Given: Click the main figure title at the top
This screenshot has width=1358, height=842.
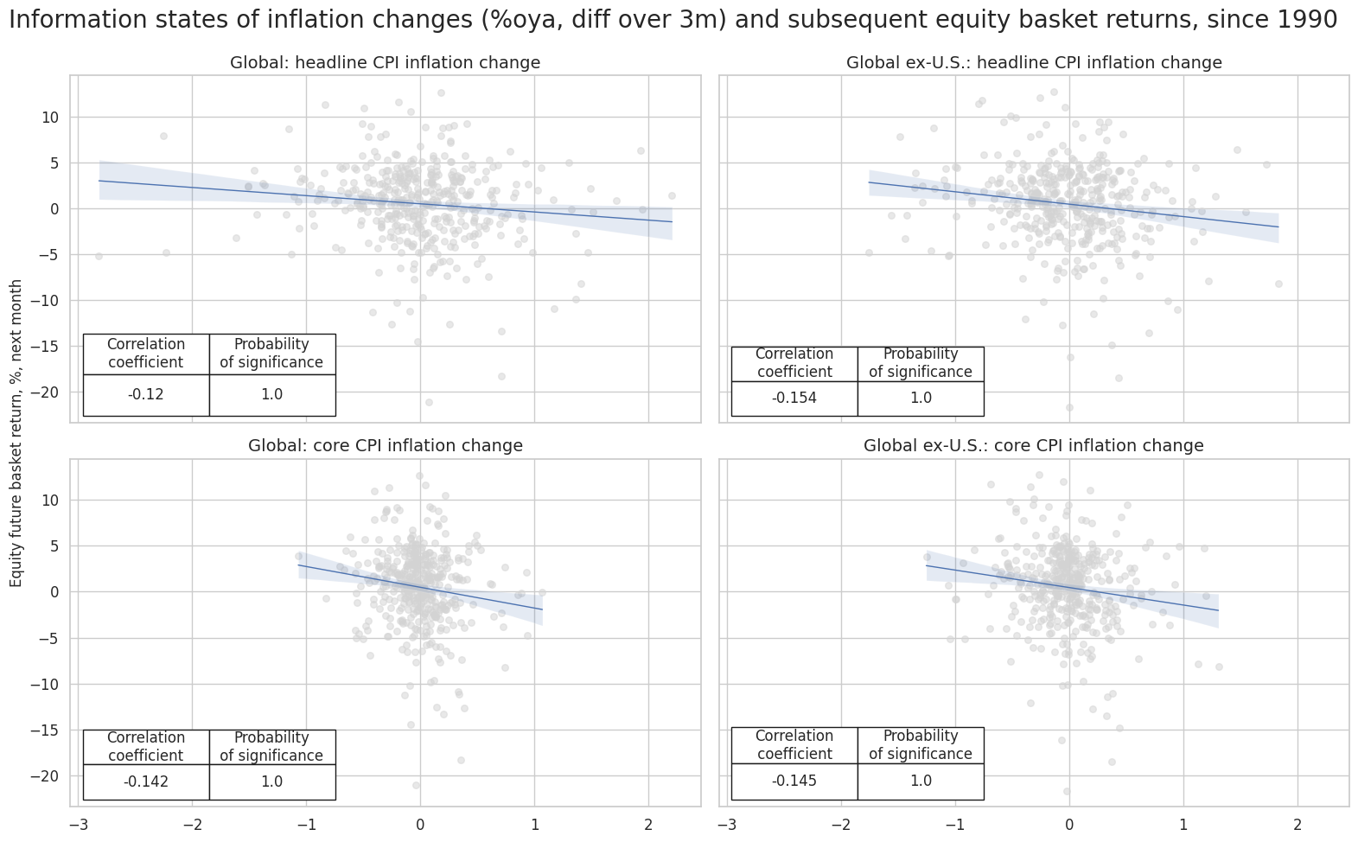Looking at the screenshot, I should click(673, 20).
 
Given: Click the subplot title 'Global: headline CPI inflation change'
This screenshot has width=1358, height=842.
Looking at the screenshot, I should click(385, 62).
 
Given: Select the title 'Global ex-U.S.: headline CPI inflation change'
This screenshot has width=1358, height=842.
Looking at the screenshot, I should click(1033, 62).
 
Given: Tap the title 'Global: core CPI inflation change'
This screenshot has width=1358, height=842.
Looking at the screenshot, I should click(385, 446).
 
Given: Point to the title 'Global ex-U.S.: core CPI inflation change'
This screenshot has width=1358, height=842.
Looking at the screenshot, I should click(1033, 446).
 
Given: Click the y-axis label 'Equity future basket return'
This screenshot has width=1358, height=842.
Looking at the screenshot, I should click(16, 433).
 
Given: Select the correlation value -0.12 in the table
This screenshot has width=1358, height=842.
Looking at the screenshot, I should click(145, 395).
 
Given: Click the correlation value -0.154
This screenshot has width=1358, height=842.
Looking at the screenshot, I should click(794, 399).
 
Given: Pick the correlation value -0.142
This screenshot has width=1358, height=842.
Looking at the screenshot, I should click(145, 782).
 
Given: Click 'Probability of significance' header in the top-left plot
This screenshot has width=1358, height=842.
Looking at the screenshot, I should click(271, 354).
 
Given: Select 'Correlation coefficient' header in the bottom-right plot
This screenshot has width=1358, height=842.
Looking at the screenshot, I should click(794, 745).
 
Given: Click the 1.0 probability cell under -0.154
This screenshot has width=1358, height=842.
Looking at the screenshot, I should click(921, 399).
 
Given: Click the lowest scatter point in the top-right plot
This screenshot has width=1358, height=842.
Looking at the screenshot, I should click(1069, 407).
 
